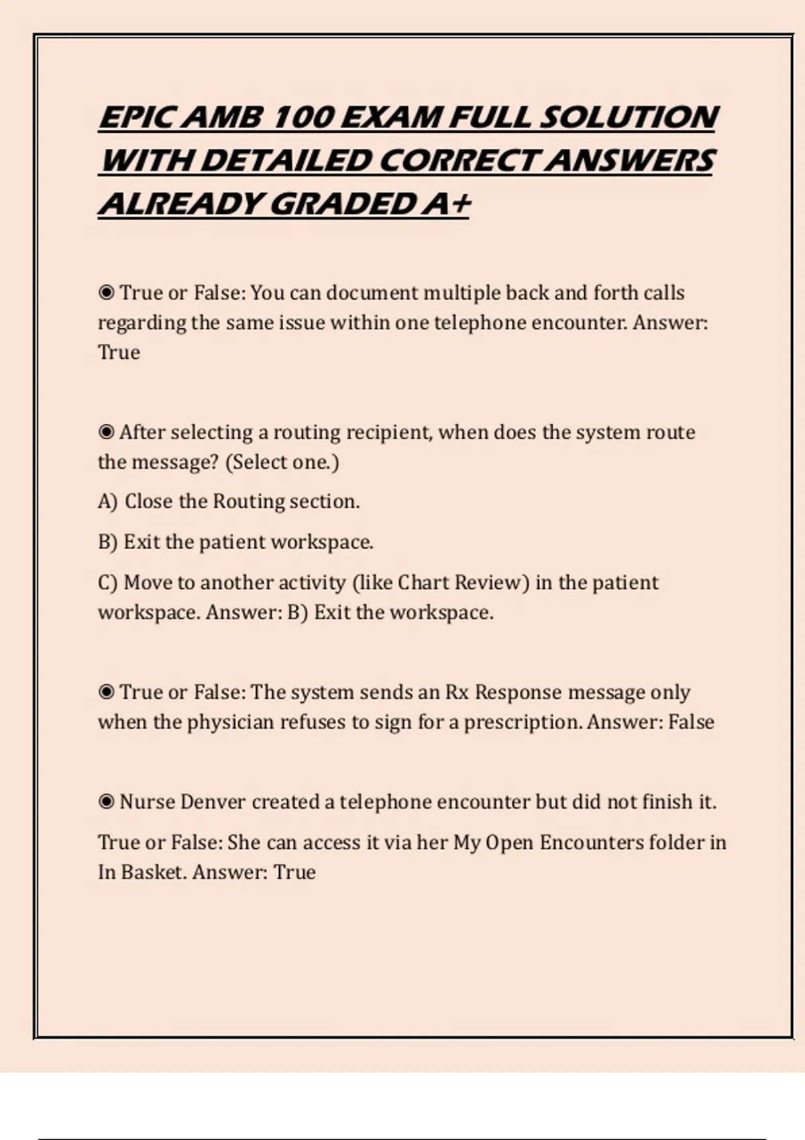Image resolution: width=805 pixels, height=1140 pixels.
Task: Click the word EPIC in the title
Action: (x=137, y=118)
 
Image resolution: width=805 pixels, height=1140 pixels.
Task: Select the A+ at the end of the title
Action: (x=445, y=204)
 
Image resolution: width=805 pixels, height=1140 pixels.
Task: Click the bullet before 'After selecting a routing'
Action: (x=106, y=432)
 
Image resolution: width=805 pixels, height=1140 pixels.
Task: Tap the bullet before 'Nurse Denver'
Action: (x=106, y=801)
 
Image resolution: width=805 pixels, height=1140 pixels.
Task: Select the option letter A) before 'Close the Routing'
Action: (x=107, y=502)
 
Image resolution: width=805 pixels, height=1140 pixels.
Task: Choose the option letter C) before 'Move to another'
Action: (x=107, y=582)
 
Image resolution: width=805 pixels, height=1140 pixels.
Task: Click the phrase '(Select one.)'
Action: (x=282, y=462)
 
